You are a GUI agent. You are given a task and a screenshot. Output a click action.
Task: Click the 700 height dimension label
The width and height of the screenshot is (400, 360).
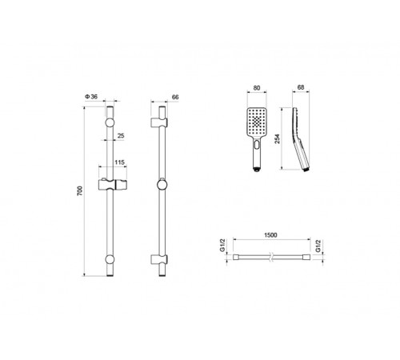click(80, 191)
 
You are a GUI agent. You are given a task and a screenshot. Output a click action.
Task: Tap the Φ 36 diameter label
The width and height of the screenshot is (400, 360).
click(91, 97)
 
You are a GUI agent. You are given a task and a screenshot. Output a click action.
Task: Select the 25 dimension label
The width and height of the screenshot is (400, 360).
click(121, 136)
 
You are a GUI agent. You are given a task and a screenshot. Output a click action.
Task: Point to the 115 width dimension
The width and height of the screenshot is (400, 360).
click(119, 162)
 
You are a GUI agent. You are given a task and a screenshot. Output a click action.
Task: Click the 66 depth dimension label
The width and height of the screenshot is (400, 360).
click(175, 97)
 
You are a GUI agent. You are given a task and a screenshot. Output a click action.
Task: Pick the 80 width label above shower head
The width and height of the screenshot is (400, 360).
click(257, 88)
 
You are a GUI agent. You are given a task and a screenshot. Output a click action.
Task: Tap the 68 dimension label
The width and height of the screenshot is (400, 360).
click(301, 87)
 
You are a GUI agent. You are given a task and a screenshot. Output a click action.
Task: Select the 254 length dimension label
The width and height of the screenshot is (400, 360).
click(278, 139)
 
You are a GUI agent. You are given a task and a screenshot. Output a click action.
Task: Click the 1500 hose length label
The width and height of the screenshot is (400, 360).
click(270, 235)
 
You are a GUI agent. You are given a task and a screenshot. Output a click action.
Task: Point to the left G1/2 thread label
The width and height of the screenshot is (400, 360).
click(222, 246)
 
